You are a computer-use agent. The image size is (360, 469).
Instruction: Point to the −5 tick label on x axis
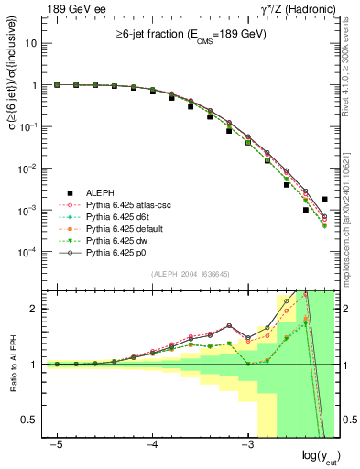point(56,444)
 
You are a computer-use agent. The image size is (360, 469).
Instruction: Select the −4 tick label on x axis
point(152,444)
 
